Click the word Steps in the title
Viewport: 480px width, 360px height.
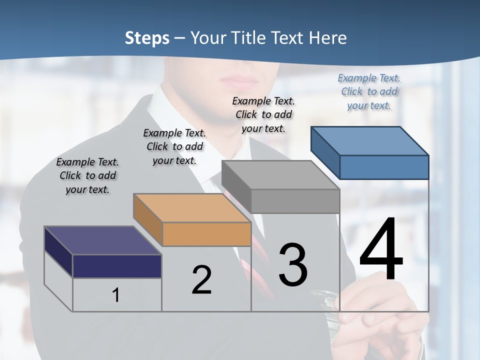coord(147,38)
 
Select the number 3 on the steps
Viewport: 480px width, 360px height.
coord(293,265)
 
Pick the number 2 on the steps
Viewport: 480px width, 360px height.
coord(201,280)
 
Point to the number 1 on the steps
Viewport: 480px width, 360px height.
coord(115,295)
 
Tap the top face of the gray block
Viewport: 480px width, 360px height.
coord(280,175)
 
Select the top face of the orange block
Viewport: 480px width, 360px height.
coord(192,208)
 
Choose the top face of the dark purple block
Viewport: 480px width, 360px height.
coord(103,240)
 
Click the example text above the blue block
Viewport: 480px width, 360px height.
coord(369,92)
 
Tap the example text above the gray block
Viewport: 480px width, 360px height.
coord(263,114)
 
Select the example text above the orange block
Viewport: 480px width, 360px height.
coord(174,146)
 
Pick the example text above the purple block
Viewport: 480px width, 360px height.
coord(87,175)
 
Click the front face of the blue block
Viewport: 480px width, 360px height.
coord(384,167)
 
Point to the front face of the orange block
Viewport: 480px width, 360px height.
coord(206,234)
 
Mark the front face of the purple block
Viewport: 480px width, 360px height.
coord(117,266)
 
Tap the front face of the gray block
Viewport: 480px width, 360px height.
coord(295,201)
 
